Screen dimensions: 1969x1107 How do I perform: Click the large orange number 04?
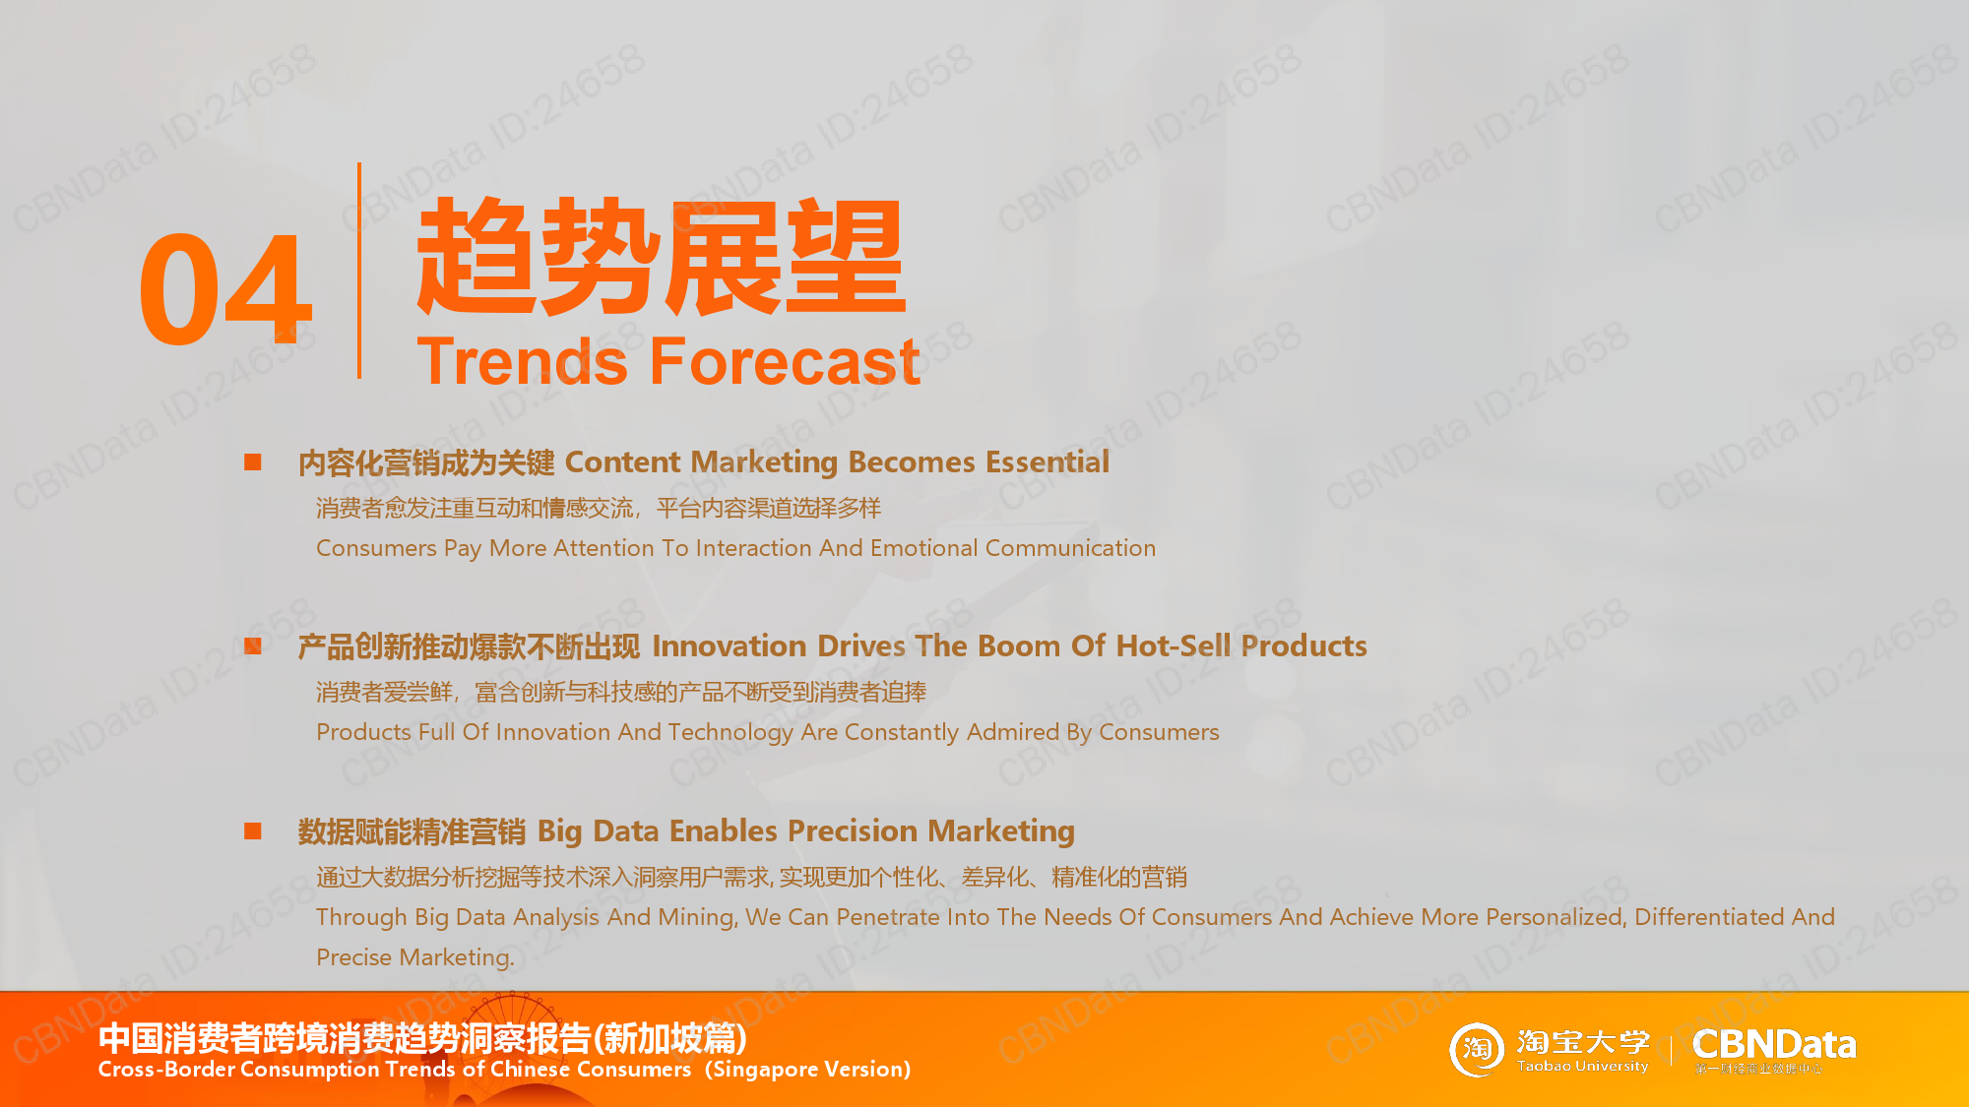[x=225, y=289]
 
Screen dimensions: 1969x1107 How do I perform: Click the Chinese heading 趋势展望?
[x=661, y=256]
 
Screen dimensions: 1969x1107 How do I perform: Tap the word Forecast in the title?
[x=785, y=361]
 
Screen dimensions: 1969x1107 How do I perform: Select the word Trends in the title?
[x=522, y=361]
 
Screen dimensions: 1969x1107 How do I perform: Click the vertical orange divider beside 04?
[x=359, y=271]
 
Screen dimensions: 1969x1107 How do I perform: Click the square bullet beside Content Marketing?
[x=253, y=461]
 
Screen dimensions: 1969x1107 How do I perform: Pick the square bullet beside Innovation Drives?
[x=253, y=646]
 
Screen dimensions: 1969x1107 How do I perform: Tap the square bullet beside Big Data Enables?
[x=253, y=830]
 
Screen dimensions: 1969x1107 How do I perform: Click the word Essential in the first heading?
[x=1048, y=461]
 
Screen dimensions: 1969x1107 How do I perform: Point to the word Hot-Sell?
[x=1174, y=646]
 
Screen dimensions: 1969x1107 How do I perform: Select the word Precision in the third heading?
[x=854, y=830]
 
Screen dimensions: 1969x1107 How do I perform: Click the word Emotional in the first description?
[x=923, y=548]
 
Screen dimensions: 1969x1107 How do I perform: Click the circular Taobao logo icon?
[x=1477, y=1049]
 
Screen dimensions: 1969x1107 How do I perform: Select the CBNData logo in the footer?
[x=1774, y=1049]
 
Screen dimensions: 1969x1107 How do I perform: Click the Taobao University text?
[x=1582, y=1067]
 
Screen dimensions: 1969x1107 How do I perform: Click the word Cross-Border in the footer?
[x=166, y=1070]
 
